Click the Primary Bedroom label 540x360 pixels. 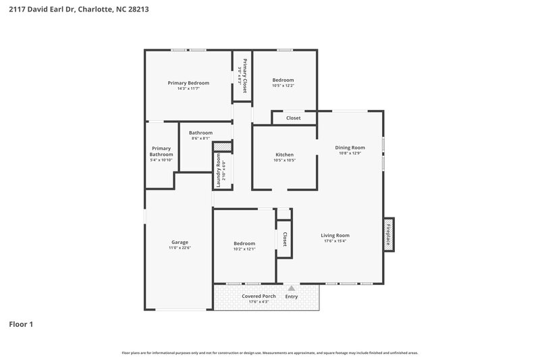[188, 83]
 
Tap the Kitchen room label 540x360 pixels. [284, 155]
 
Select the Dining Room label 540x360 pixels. [350, 147]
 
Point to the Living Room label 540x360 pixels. [335, 235]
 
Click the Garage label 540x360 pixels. [180, 242]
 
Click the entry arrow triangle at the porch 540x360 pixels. [292, 288]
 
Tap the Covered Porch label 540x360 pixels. [259, 296]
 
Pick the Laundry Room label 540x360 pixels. [219, 170]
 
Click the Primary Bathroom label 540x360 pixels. [161, 151]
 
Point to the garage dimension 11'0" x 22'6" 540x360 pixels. [180, 248]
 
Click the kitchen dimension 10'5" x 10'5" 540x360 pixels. [284, 161]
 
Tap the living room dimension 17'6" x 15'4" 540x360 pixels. [335, 241]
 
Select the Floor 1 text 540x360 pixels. [21, 324]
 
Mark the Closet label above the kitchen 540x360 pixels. [293, 118]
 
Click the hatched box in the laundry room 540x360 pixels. [222, 147]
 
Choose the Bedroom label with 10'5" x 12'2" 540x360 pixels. [283, 80]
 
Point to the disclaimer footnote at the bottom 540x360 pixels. [270, 353]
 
